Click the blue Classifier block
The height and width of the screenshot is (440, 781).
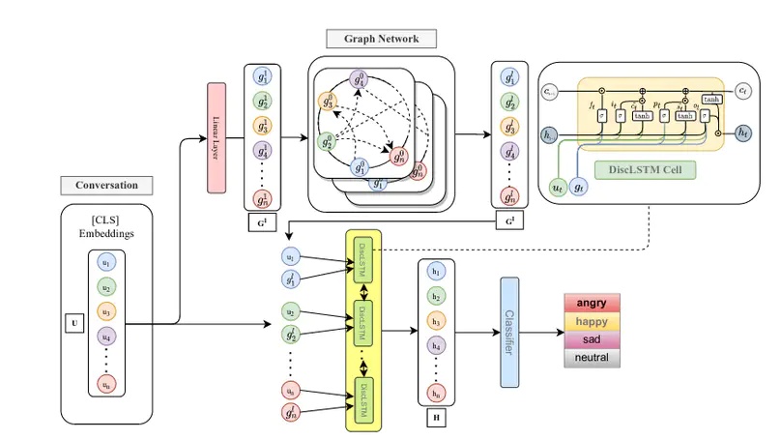509,331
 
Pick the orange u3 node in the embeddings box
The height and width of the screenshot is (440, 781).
106,311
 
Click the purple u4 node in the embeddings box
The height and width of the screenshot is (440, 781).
106,336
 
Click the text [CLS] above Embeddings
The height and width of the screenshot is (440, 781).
107,220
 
